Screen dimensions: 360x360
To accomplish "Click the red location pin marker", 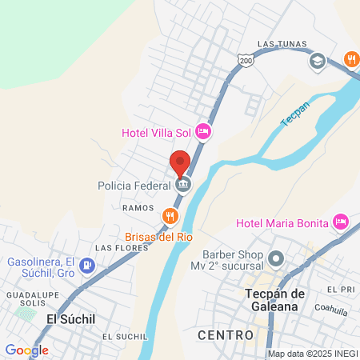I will pyautogui.click(x=180, y=163).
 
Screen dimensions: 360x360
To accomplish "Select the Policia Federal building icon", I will pyautogui.click(x=184, y=185).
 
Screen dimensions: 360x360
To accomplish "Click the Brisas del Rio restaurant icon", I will pyautogui.click(x=170, y=216).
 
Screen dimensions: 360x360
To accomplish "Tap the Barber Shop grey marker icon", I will pyautogui.click(x=277, y=258).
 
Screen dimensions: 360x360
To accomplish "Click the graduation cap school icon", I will pyautogui.click(x=317, y=60).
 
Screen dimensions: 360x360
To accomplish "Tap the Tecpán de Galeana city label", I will pyautogui.click(x=274, y=300).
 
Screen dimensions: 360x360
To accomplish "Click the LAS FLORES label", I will pyautogui.click(x=118, y=248).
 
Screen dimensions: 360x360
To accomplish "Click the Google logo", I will pyautogui.click(x=26, y=350).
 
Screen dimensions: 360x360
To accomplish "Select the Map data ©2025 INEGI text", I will pyautogui.click(x=311, y=354).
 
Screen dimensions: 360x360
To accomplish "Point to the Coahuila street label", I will pyautogui.click(x=331, y=306).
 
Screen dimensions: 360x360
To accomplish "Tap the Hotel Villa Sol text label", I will pyautogui.click(x=157, y=132).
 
